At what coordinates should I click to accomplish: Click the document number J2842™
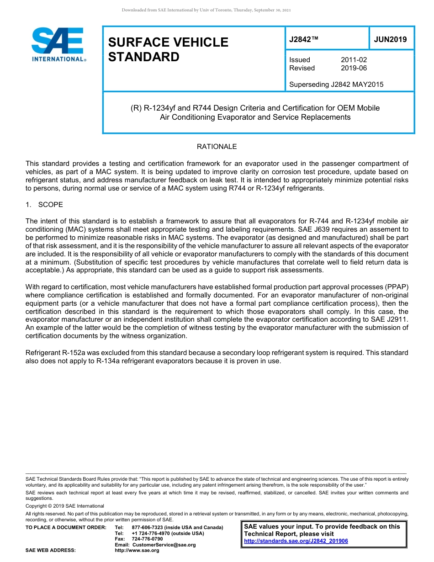point(304,39)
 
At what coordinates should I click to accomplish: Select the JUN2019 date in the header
point(390,39)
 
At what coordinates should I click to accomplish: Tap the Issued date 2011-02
point(354,60)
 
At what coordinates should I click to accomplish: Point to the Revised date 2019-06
point(354,68)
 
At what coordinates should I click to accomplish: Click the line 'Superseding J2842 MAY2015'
point(336,84)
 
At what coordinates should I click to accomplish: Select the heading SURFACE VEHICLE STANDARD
point(168,49)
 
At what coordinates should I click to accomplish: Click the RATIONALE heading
point(217,147)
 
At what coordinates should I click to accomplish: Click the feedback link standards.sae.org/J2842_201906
point(296,541)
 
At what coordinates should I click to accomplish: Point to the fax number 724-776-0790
point(147,539)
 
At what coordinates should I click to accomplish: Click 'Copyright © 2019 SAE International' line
point(65,506)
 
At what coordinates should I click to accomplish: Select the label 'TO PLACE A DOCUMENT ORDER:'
point(66,527)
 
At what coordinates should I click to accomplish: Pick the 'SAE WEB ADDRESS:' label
point(51,551)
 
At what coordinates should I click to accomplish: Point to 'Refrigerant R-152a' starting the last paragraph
point(55,353)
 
